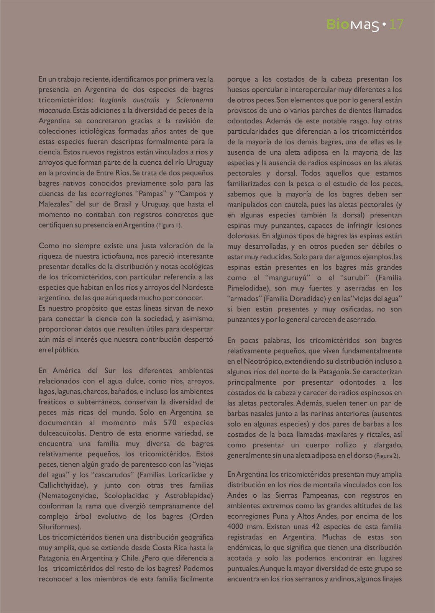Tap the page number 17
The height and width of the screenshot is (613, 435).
pos(396,25)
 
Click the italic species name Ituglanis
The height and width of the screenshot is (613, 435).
pos(113,100)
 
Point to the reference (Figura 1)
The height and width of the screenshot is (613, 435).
pos(169,225)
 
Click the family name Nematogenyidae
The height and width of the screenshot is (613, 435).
pos(68,495)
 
